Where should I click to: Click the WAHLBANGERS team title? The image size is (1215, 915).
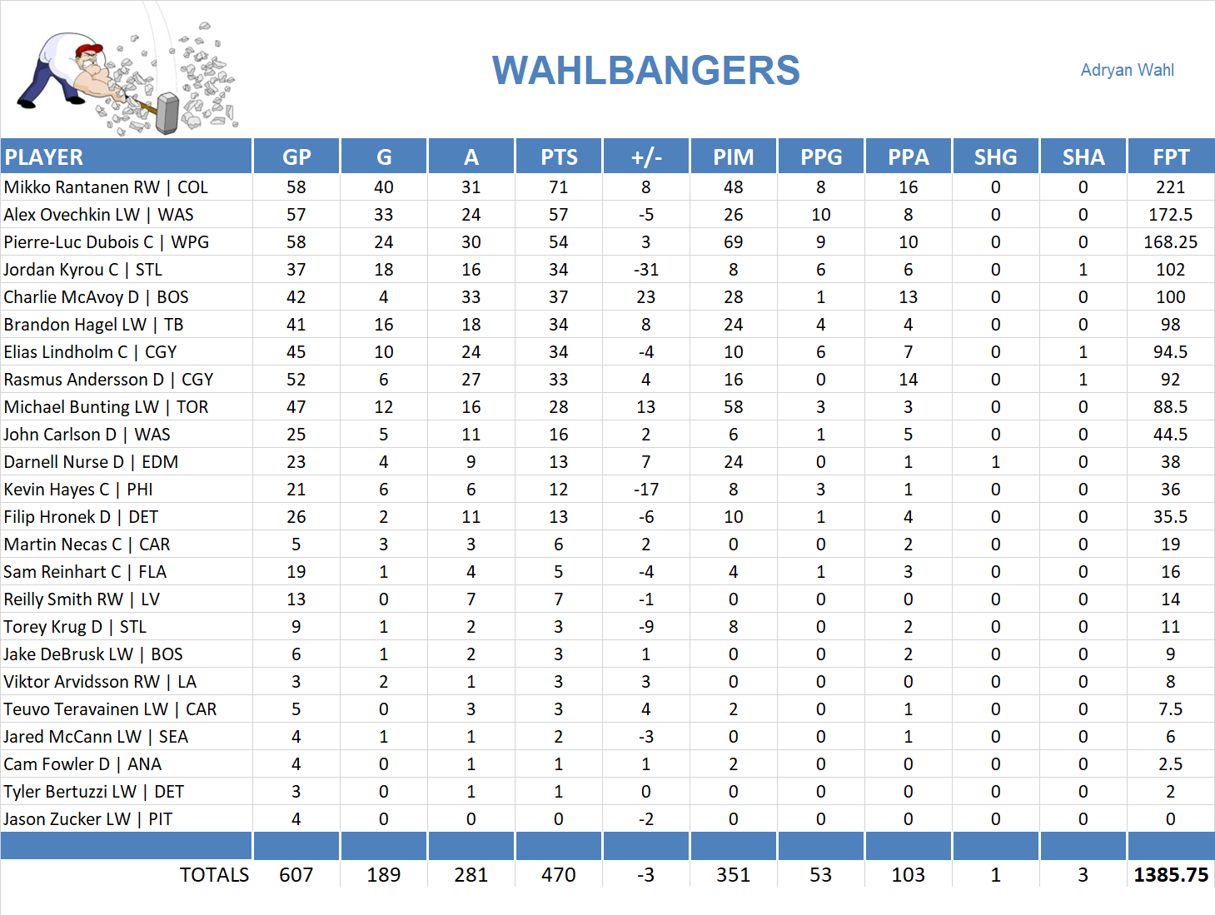click(x=645, y=71)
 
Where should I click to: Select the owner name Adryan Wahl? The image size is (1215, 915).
click(x=1127, y=70)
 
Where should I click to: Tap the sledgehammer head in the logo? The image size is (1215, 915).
click(x=168, y=113)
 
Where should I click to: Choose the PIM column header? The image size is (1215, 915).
click(x=733, y=157)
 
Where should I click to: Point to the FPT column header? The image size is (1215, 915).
click(x=1170, y=157)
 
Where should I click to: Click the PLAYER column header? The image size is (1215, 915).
click(x=44, y=157)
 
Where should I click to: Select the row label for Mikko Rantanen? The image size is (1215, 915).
click(x=106, y=187)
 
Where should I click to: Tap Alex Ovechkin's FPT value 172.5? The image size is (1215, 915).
click(x=1170, y=215)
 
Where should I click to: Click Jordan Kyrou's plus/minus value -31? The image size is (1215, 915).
click(x=645, y=270)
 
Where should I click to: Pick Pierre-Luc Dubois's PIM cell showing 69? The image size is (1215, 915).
click(x=733, y=242)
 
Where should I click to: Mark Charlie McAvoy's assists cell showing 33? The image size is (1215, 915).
click(x=471, y=297)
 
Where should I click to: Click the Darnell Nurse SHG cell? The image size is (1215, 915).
click(x=995, y=462)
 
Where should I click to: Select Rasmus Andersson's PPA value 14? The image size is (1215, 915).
click(x=908, y=380)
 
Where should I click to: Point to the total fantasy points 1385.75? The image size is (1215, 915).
click(x=1170, y=875)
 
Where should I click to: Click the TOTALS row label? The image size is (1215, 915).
click(x=214, y=875)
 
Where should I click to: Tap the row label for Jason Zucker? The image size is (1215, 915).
click(x=87, y=819)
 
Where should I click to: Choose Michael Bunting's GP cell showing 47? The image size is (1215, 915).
click(x=296, y=407)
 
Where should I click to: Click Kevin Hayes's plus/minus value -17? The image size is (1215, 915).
click(x=645, y=490)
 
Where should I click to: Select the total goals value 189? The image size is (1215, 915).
click(x=383, y=875)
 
